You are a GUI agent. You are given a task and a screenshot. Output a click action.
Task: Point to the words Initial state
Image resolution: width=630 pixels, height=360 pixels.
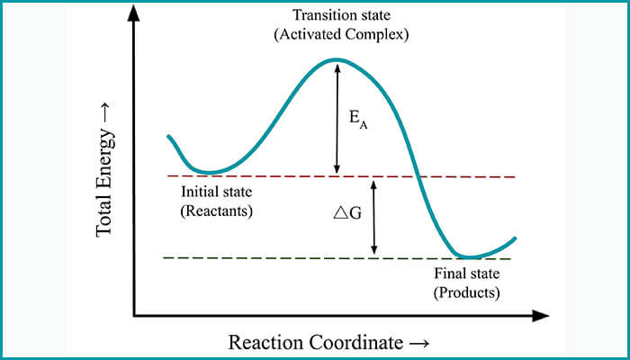coord(217,193)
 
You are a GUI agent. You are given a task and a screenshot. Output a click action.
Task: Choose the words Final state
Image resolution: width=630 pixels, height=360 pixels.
coord(466,273)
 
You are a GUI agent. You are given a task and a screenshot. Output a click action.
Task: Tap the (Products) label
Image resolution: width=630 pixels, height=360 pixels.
coord(466,292)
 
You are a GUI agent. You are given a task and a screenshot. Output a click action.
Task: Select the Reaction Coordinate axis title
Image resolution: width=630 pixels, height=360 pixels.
coord(328,343)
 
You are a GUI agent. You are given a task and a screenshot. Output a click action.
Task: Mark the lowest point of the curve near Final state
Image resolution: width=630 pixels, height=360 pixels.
coord(468,256)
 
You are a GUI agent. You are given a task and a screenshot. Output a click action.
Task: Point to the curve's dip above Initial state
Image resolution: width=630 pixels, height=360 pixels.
coord(209,171)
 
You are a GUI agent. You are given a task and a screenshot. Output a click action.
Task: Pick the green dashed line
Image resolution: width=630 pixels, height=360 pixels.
coord(270,258)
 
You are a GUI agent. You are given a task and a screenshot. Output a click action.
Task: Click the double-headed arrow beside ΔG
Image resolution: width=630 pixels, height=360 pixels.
coord(373,217)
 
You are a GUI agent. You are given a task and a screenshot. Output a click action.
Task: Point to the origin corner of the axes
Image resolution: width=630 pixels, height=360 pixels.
coord(134,316)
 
